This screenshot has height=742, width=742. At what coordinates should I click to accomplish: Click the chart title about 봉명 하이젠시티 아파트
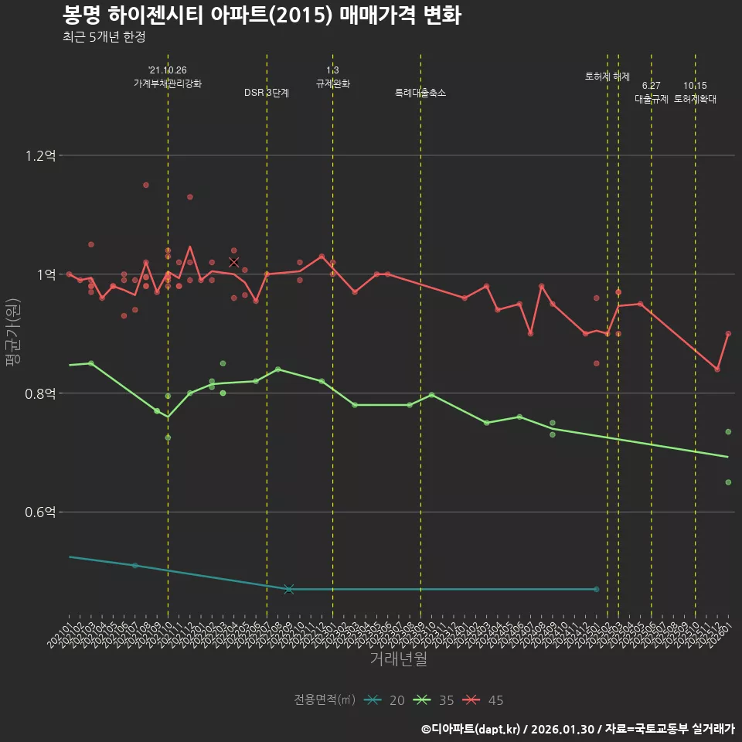tap(261, 15)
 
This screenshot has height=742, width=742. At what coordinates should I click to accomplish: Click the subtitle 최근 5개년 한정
tap(104, 36)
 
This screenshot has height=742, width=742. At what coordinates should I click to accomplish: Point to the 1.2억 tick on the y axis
tap(39, 155)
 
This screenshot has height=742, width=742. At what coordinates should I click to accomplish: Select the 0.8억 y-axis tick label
tap(39, 393)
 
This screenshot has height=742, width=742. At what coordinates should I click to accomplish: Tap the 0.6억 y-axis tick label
tap(39, 512)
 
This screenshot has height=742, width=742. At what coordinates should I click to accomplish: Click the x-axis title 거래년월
tap(398, 659)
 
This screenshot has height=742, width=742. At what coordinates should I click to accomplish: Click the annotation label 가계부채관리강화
tap(168, 83)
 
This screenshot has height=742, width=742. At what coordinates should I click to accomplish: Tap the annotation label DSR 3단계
tap(267, 93)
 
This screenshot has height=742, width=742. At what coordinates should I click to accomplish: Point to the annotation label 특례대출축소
tap(420, 93)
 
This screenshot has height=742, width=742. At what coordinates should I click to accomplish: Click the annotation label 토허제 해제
tap(608, 77)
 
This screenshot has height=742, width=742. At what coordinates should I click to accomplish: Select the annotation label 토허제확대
tap(695, 99)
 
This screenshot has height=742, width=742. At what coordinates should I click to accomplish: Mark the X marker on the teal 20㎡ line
tap(289, 589)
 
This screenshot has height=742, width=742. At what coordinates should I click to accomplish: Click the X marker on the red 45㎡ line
tap(234, 262)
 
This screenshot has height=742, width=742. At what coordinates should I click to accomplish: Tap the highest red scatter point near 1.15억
tap(145, 185)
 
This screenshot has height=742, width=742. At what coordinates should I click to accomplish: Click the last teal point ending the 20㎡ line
tap(596, 589)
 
